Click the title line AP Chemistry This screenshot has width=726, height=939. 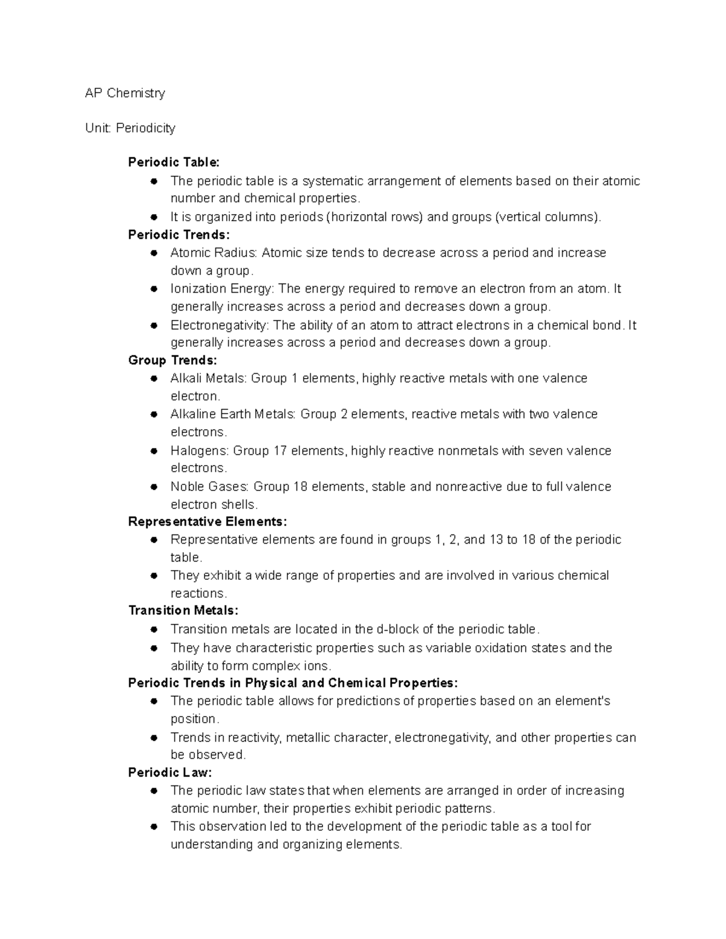(x=125, y=93)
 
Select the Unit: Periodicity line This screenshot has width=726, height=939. (x=130, y=128)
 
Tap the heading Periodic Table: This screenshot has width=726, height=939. (x=174, y=162)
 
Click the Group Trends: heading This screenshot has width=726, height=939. (x=172, y=360)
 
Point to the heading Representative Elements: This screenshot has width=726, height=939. (x=208, y=521)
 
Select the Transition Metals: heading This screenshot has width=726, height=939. (x=183, y=611)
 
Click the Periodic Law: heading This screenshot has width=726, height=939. (x=170, y=772)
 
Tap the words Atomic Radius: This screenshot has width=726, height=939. (x=214, y=253)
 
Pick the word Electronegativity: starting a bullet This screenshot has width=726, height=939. (x=220, y=325)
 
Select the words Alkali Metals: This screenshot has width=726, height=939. (x=209, y=379)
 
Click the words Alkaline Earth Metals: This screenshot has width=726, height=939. (x=233, y=414)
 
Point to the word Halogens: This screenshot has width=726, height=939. (x=200, y=450)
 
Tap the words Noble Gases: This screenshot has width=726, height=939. (x=210, y=487)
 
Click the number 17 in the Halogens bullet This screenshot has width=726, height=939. (x=280, y=450)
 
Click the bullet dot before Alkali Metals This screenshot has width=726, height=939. (x=154, y=379)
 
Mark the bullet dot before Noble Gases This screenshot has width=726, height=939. (x=154, y=487)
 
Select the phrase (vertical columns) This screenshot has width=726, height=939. (x=548, y=217)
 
